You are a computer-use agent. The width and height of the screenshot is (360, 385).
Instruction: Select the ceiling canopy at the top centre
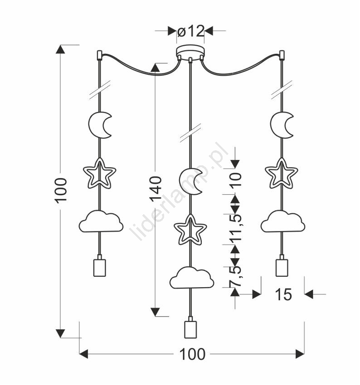(x=190, y=51)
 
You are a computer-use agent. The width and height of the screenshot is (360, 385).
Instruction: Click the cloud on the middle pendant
(x=191, y=278)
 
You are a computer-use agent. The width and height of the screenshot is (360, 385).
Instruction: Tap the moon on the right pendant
(x=282, y=125)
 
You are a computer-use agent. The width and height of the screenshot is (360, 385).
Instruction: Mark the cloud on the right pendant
(x=282, y=221)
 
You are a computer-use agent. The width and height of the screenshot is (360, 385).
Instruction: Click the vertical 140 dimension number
(x=156, y=188)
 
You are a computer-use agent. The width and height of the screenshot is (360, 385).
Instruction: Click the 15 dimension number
(x=283, y=295)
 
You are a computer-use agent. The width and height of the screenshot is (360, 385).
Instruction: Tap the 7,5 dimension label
(x=235, y=276)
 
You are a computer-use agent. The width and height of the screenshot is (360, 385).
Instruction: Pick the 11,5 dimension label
(x=235, y=225)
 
